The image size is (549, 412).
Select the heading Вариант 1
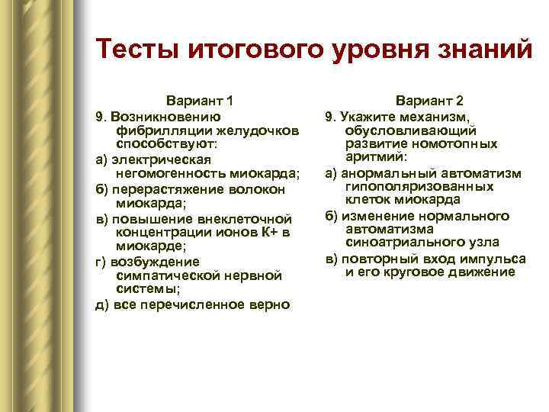[200, 101]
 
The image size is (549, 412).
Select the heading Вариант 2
[429, 101]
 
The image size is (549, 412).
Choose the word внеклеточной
[245, 219]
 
